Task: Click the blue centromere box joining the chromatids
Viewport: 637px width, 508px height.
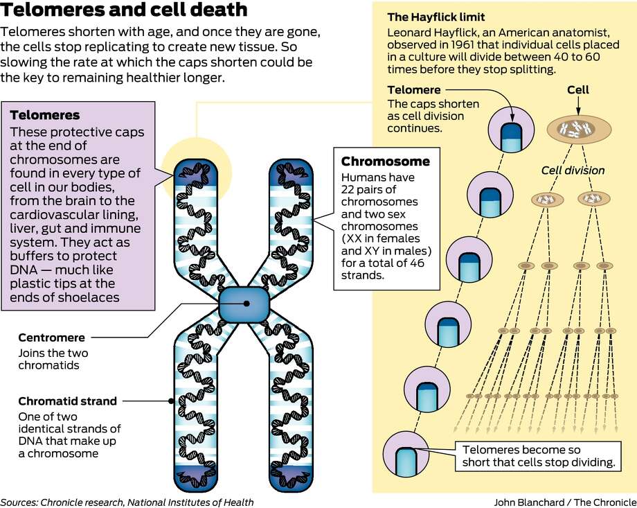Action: tap(244, 304)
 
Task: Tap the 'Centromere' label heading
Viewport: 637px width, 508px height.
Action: tap(52, 338)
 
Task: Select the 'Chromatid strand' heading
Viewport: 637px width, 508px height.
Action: tap(67, 401)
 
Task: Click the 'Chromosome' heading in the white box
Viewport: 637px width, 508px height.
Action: tap(386, 161)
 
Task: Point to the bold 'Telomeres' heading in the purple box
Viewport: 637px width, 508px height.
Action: tap(45, 115)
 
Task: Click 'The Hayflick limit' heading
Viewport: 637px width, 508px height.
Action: tap(436, 17)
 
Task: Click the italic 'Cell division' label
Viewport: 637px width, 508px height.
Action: tap(573, 170)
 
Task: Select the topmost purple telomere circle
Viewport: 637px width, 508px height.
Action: tap(511, 130)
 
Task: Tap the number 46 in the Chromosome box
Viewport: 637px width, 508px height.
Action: tap(418, 263)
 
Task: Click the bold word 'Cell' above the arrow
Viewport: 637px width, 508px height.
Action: tap(578, 90)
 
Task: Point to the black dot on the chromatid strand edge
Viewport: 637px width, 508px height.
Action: tap(172, 401)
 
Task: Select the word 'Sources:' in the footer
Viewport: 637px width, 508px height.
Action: tap(19, 502)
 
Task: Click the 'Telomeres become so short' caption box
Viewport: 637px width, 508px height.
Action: tap(538, 456)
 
